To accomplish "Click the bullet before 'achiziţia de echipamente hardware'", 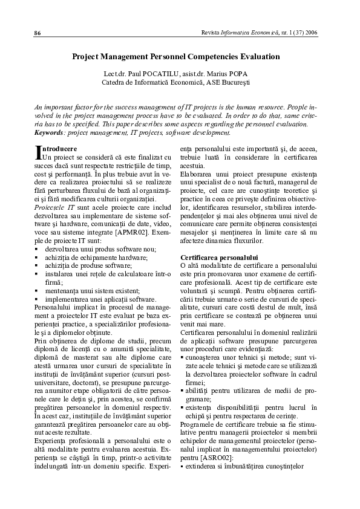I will point(36,258).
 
